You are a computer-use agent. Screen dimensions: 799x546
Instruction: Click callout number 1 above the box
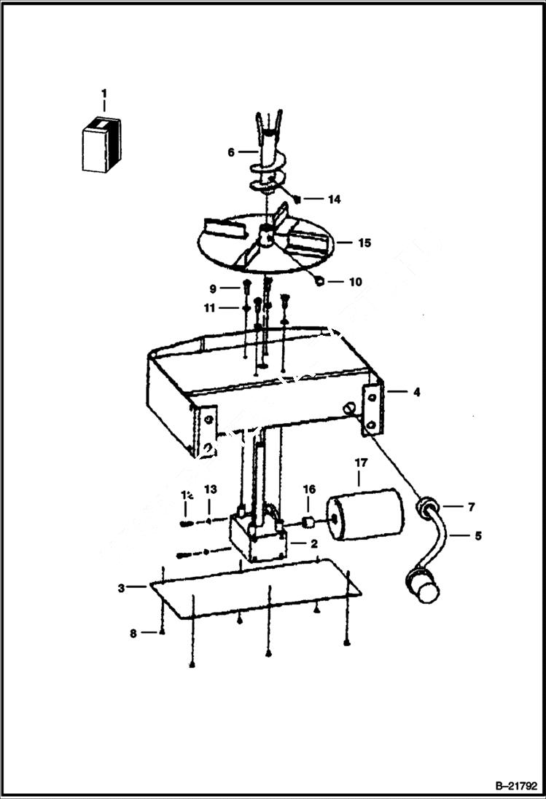click(104, 93)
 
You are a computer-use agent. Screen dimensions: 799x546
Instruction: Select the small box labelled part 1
click(101, 145)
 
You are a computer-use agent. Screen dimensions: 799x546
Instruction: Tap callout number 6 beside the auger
click(231, 152)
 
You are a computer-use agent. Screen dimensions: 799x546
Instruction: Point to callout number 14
click(334, 199)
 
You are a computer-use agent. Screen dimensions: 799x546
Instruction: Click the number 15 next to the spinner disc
click(363, 243)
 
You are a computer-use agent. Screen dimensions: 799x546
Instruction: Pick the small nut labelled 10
click(320, 282)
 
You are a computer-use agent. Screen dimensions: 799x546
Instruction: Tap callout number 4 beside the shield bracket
click(416, 393)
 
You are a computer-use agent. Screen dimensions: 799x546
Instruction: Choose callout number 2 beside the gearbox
click(313, 543)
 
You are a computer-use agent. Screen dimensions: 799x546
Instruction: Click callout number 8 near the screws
click(133, 634)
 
